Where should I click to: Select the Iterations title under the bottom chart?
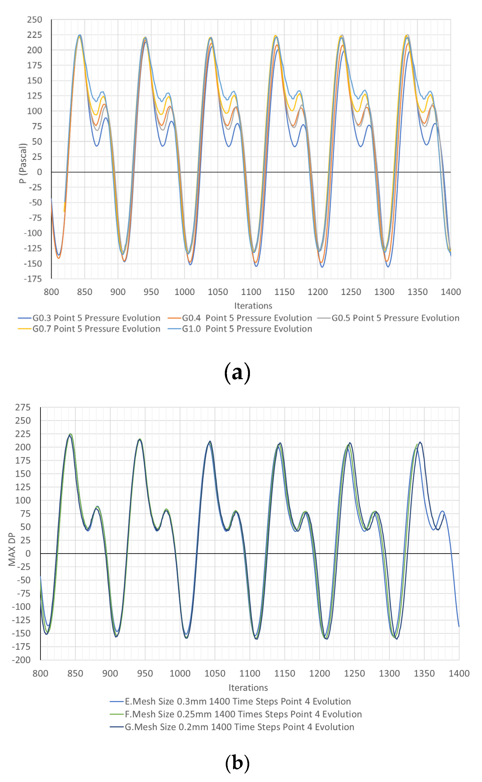(248, 687)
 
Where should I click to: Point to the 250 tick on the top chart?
(35, 20)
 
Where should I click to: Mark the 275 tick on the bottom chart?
(23, 407)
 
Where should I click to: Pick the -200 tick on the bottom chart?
(21, 660)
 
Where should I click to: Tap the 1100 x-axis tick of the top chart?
(251, 292)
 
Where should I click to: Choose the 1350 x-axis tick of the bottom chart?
(424, 673)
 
